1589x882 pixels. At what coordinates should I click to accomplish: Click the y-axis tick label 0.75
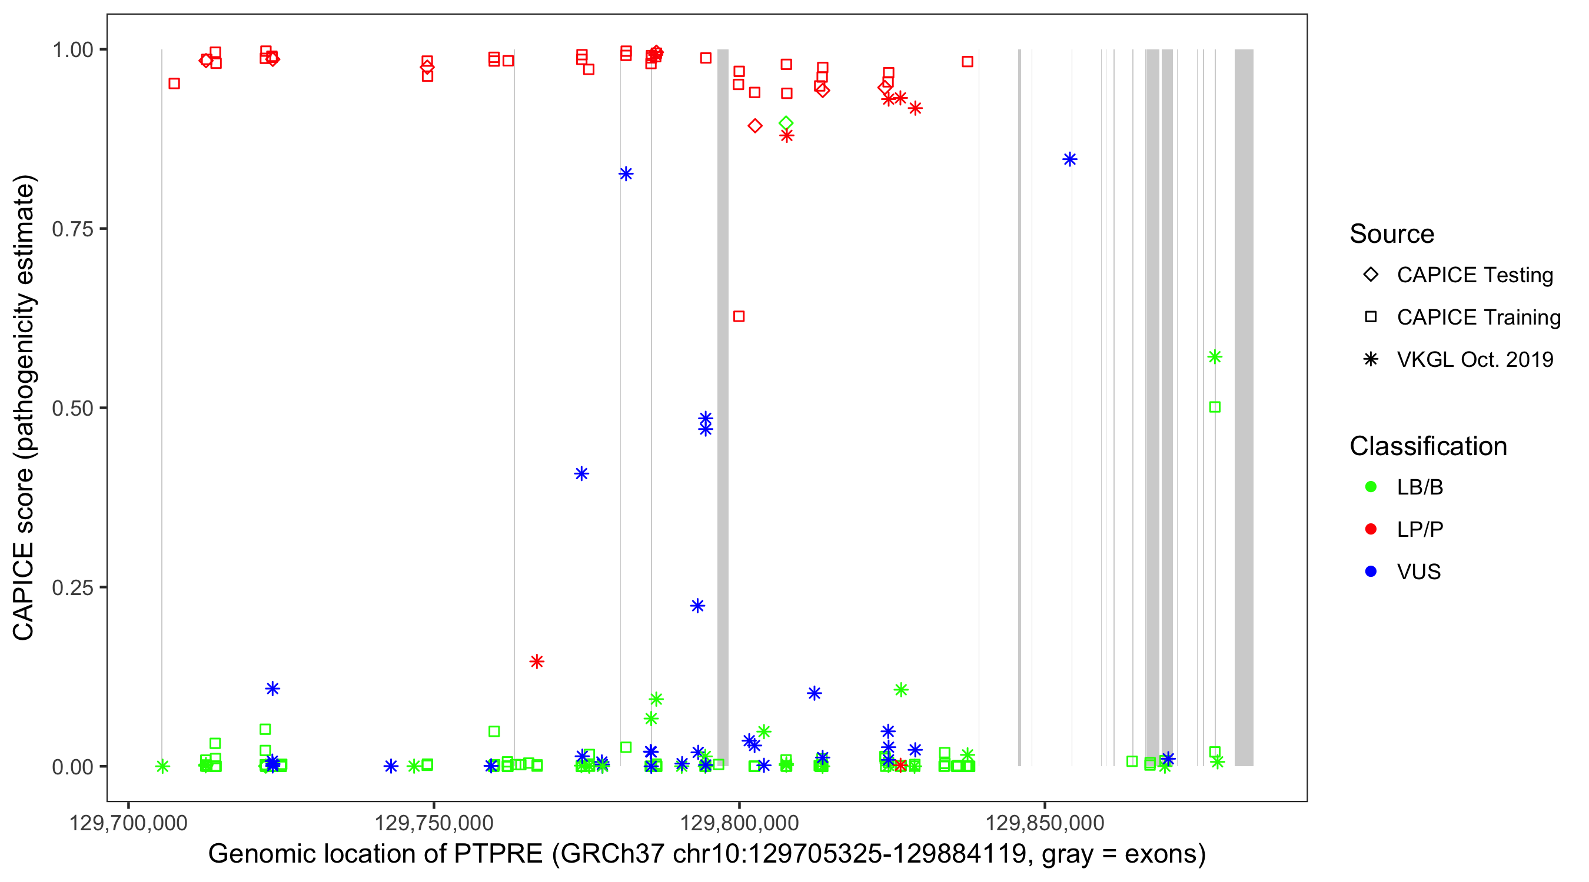pyautogui.click(x=72, y=229)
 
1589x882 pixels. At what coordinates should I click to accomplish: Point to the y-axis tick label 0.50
pyautogui.click(x=72, y=409)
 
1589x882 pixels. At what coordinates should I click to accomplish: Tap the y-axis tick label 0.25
pyautogui.click(x=72, y=588)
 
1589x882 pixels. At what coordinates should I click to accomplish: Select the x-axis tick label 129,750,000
pyautogui.click(x=434, y=823)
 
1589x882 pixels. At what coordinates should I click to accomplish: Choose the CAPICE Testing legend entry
pyautogui.click(x=1474, y=275)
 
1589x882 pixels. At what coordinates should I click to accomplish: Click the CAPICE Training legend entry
pyautogui.click(x=1478, y=318)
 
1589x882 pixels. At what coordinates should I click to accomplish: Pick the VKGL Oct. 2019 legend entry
pyautogui.click(x=1474, y=360)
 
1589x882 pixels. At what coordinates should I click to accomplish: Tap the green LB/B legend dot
pyautogui.click(x=1371, y=487)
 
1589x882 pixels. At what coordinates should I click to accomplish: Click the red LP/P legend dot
pyautogui.click(x=1371, y=529)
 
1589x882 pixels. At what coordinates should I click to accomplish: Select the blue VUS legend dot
pyautogui.click(x=1371, y=572)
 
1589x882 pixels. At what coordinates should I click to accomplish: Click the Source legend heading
pyautogui.click(x=1392, y=234)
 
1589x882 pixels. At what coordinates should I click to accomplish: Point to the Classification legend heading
pyautogui.click(x=1428, y=446)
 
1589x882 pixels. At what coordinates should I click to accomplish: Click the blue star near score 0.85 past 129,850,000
pyautogui.click(x=1069, y=159)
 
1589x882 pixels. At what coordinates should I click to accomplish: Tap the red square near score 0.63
pyautogui.click(x=739, y=316)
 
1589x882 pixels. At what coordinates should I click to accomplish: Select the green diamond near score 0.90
pyautogui.click(x=786, y=123)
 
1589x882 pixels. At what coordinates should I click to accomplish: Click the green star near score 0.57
pyautogui.click(x=1215, y=357)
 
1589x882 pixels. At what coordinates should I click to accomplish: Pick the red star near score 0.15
pyautogui.click(x=537, y=661)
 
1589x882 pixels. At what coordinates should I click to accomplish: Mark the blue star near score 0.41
pyautogui.click(x=581, y=473)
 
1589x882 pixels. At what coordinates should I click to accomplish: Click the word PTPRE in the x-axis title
pyautogui.click(x=498, y=854)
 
